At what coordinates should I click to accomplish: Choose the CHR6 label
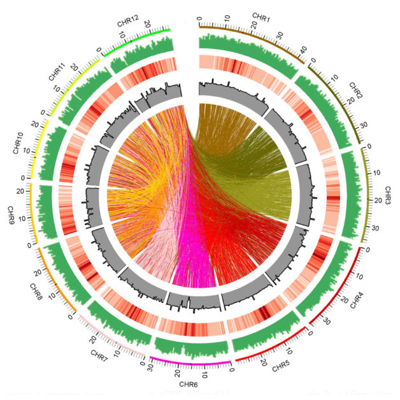coord(189,385)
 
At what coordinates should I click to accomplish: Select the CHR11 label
coord(58,72)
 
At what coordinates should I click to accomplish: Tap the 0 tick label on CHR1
coord(199,18)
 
